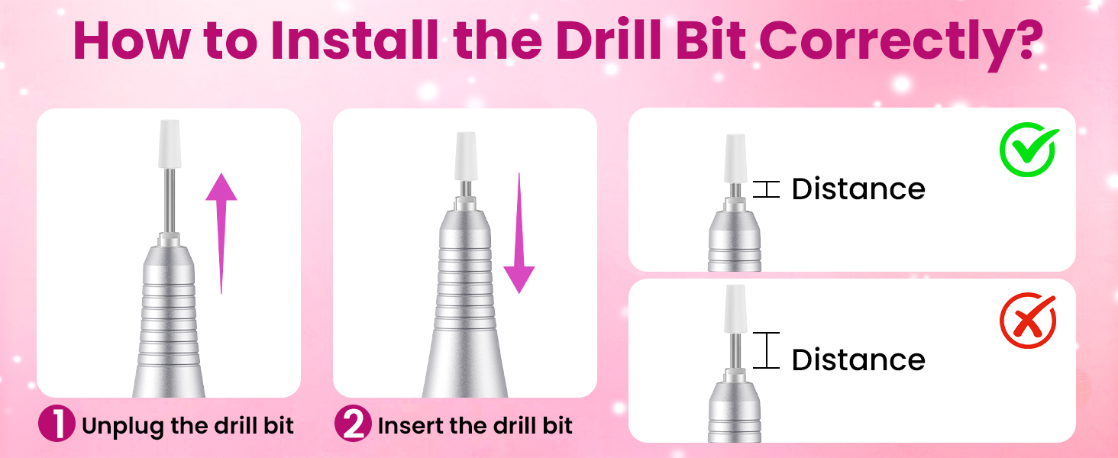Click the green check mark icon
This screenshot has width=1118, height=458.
[x=1028, y=150]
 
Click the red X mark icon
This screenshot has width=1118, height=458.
[x=1028, y=321]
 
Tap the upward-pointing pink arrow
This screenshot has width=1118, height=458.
[x=221, y=233]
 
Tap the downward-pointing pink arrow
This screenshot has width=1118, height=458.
[x=519, y=233]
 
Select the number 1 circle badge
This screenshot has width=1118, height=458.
[x=57, y=424]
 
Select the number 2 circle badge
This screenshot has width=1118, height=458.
[x=353, y=424]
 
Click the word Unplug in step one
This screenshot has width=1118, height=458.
[x=123, y=427]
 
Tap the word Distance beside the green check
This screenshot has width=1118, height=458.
[x=858, y=189]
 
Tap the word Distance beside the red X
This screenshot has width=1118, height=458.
[x=858, y=360]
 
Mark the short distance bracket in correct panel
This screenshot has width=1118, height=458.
[x=766, y=189]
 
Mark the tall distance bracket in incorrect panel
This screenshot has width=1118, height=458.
[x=766, y=350]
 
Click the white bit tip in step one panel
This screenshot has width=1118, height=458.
[x=170, y=144]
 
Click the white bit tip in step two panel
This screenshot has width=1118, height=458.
[x=465, y=156]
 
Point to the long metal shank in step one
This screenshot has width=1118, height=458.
[x=170, y=201]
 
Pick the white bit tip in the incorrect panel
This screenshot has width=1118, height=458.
[x=735, y=309]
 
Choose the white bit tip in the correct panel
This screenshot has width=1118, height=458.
[x=735, y=158]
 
